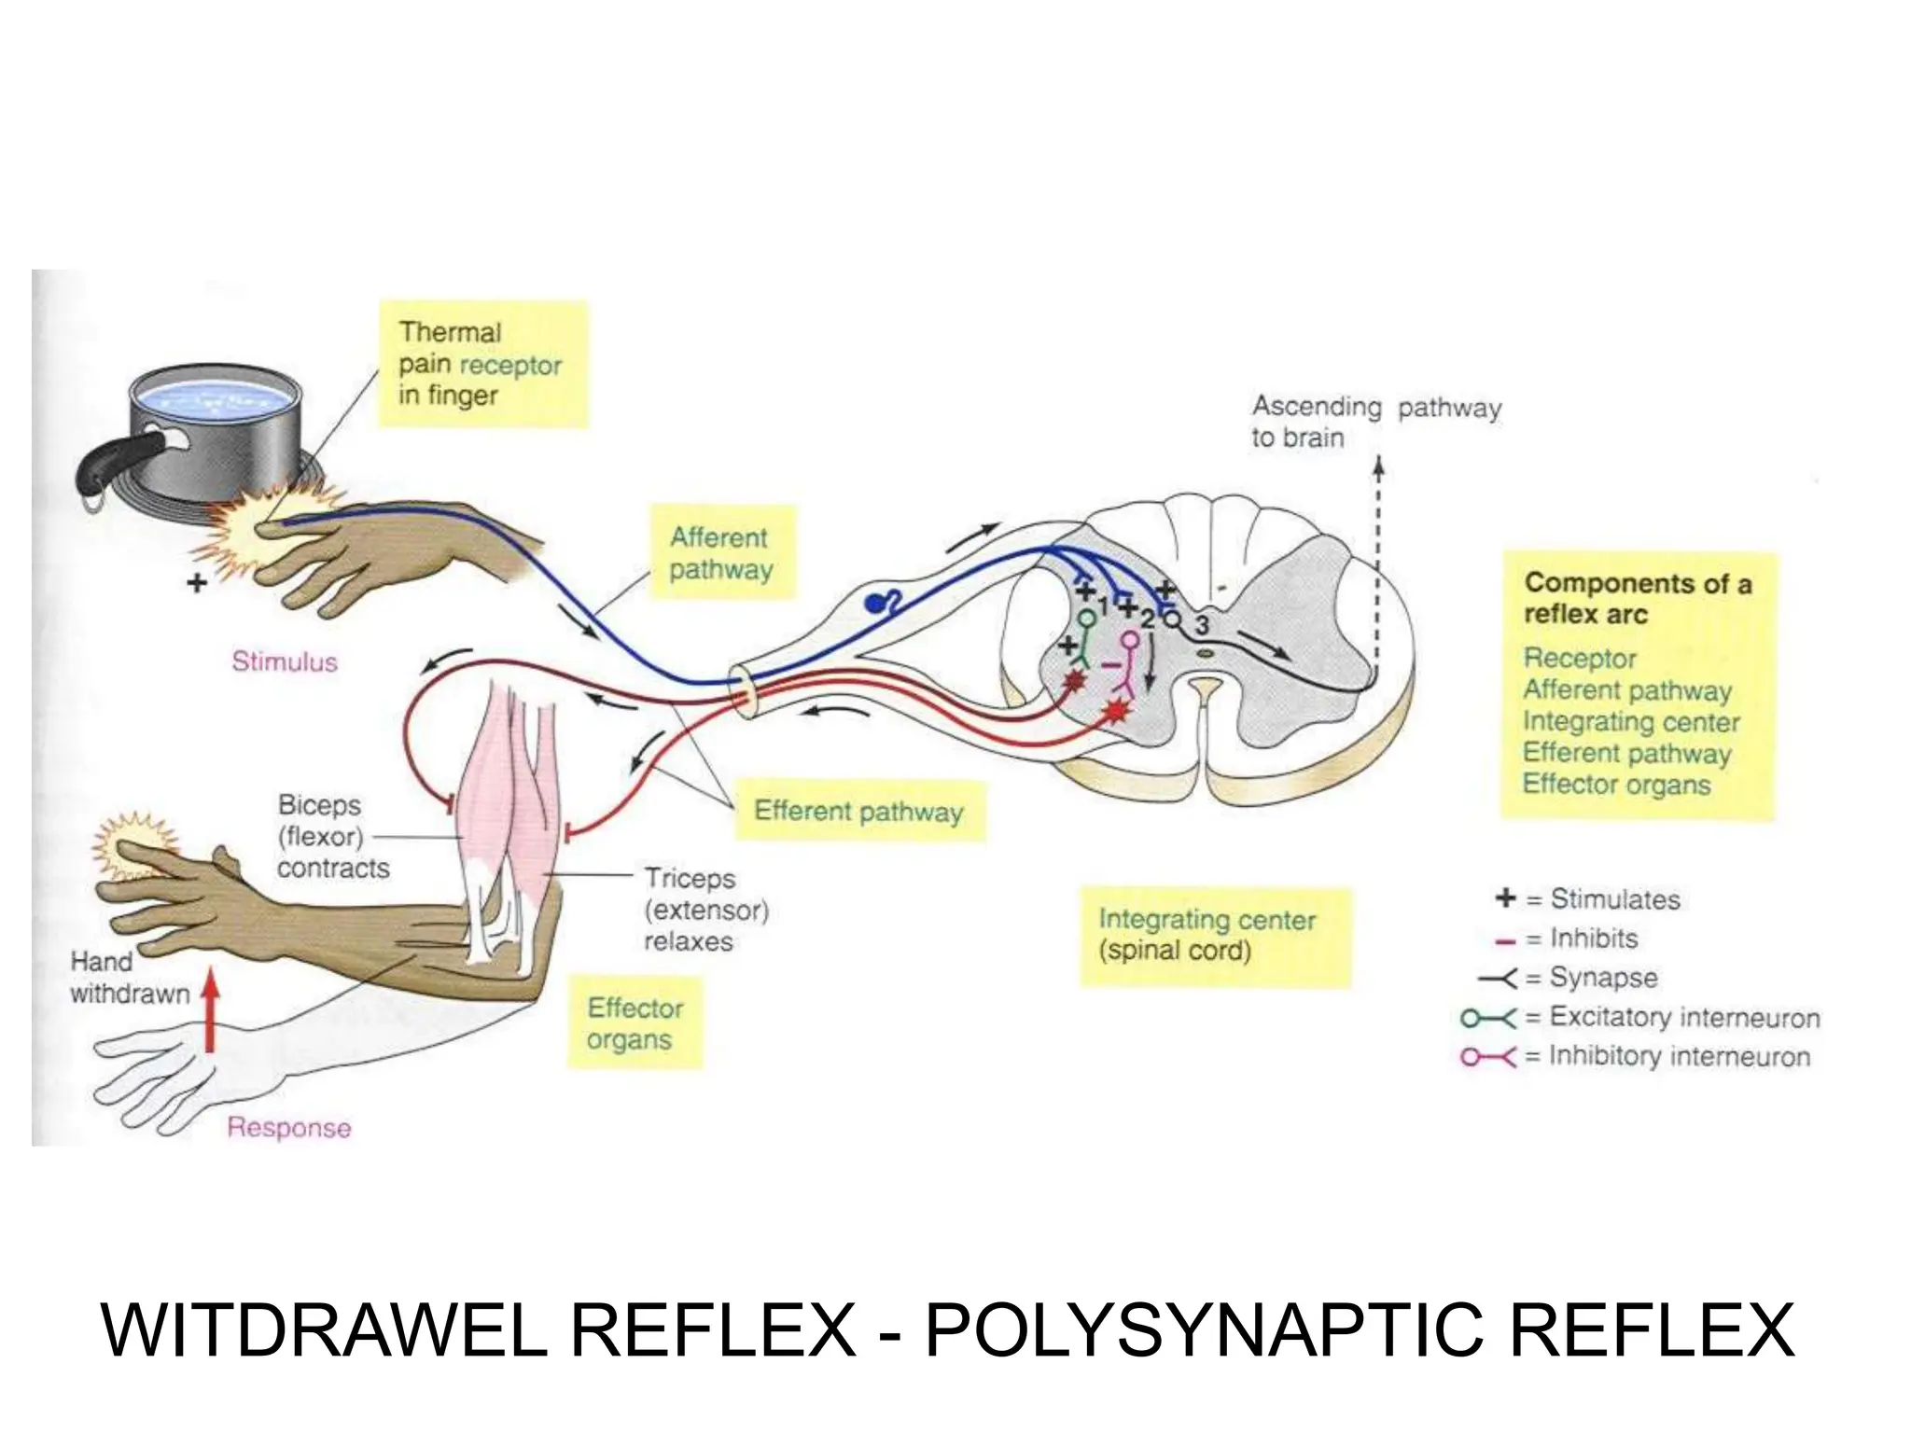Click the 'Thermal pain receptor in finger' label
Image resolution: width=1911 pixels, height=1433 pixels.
(481, 364)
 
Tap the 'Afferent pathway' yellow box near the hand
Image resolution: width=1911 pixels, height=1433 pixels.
(721, 553)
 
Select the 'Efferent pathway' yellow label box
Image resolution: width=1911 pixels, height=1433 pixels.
(858, 812)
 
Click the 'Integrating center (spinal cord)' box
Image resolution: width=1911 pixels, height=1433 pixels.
(1207, 936)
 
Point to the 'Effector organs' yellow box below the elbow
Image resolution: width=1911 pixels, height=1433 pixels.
(634, 1023)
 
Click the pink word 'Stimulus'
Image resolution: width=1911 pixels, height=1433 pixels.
(285, 661)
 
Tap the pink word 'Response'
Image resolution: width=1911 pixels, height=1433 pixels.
(289, 1128)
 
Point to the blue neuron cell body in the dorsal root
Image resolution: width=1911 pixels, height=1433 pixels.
(875, 605)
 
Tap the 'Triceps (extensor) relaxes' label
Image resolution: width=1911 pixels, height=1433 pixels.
(704, 910)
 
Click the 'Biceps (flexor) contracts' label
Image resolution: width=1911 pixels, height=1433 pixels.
(331, 837)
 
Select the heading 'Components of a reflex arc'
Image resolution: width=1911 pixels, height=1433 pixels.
(1638, 599)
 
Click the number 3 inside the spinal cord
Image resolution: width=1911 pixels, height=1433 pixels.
(1204, 624)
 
